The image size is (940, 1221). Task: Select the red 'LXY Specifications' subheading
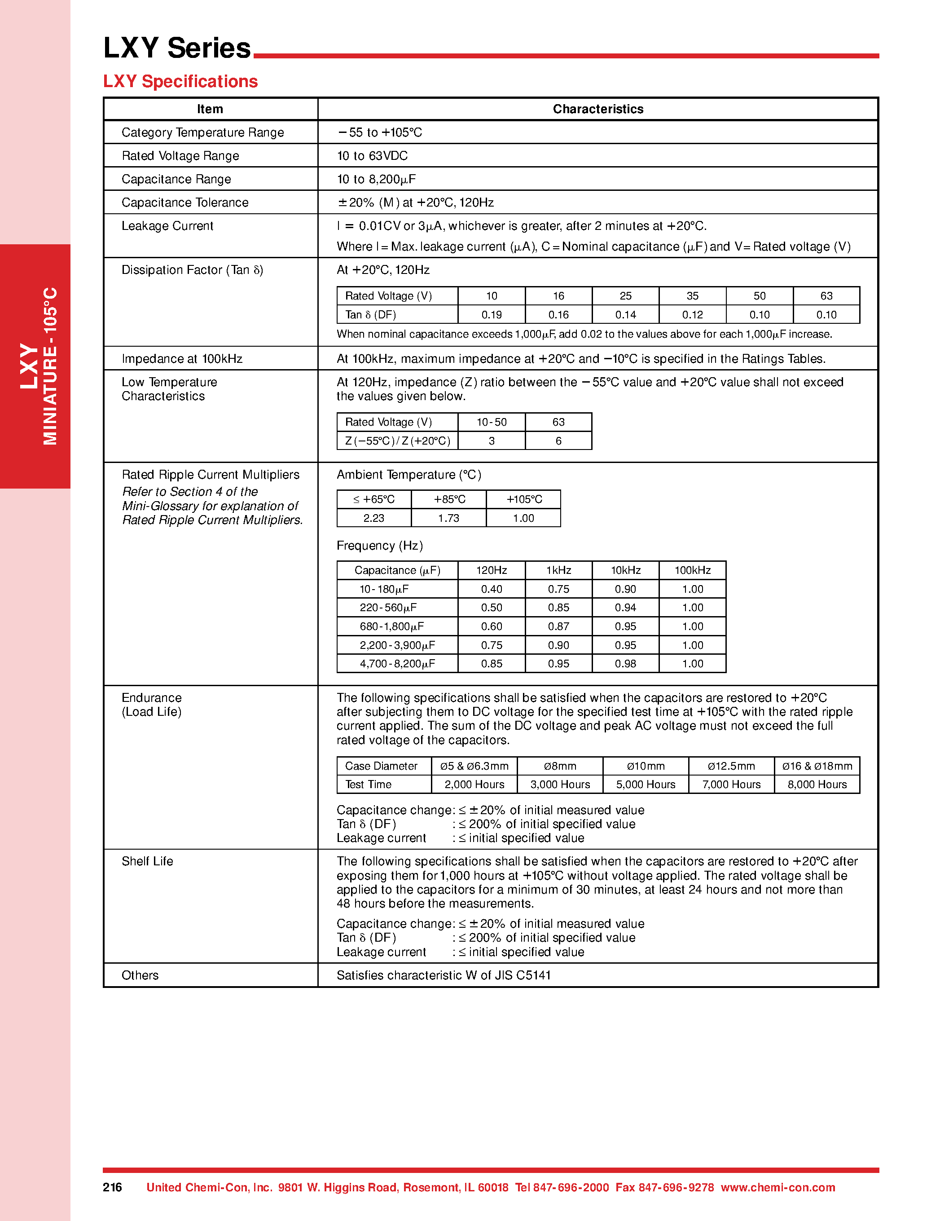point(180,82)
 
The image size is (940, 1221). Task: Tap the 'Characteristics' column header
point(597,109)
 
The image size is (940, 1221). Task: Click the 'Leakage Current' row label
point(167,226)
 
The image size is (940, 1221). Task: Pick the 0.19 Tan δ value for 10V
point(491,315)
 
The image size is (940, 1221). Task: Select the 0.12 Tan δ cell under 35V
point(692,315)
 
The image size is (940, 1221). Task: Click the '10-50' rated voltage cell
point(491,422)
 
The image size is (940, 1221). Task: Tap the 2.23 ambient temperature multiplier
point(373,518)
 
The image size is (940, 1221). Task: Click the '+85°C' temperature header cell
point(449,499)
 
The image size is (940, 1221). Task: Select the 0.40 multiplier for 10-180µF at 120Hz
point(491,589)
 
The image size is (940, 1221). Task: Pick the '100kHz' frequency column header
point(692,570)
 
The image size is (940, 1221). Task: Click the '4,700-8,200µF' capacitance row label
point(397,664)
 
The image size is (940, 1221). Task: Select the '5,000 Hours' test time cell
point(646,785)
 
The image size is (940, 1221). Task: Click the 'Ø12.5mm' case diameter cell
point(731,766)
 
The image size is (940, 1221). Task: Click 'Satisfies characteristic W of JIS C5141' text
point(443,975)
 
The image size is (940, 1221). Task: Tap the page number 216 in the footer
point(112,1187)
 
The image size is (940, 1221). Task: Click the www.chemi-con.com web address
point(777,1187)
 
